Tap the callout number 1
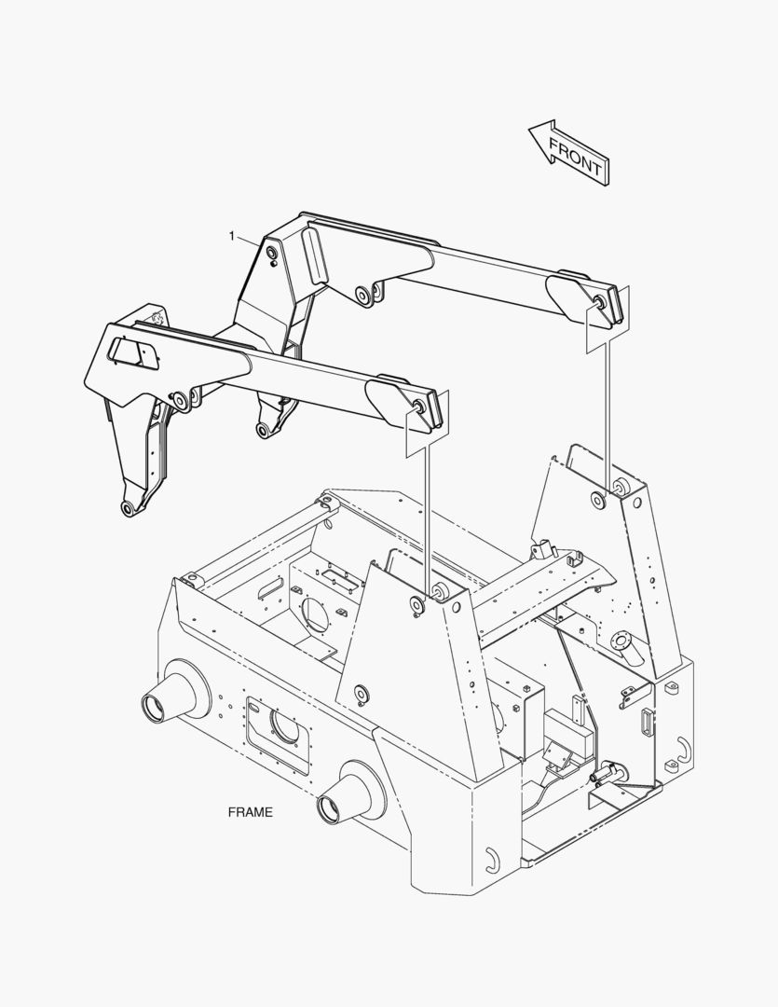pos(232,236)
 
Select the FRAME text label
pos(251,812)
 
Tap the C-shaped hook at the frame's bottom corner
pos(492,860)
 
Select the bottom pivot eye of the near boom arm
pos(129,509)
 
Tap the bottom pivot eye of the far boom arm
pos(263,430)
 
